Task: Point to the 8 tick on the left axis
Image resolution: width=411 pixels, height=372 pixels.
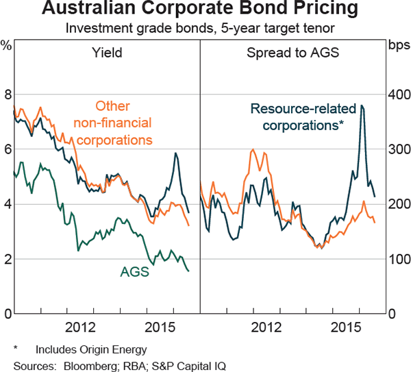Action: tap(8, 95)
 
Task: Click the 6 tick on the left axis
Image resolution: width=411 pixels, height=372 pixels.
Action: tap(8, 149)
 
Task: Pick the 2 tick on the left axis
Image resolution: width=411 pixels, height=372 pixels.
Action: tap(8, 260)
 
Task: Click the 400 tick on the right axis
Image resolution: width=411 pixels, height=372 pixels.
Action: tap(398, 95)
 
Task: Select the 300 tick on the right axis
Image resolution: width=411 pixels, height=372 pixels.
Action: tap(398, 149)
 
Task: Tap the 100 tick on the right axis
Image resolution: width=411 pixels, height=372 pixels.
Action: tap(398, 260)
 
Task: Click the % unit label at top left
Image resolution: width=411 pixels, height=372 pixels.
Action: tap(6, 45)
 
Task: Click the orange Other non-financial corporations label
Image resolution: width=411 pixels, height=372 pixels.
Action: tap(113, 123)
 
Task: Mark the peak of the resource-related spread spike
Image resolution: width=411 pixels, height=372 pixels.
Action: tap(362, 106)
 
